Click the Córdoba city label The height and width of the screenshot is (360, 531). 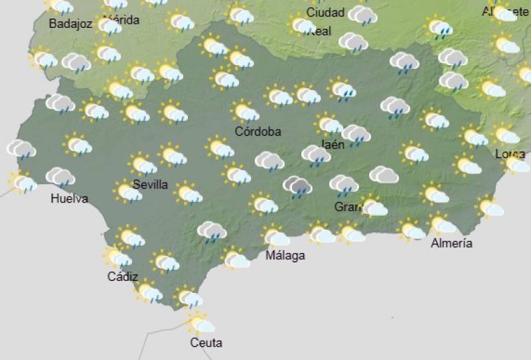258,132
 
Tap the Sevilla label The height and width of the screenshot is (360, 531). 150,185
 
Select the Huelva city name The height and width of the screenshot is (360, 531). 69,198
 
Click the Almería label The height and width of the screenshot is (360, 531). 451,243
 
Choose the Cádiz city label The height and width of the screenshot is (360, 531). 123,277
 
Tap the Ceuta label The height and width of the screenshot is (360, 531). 206,343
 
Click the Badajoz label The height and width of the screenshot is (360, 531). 70,24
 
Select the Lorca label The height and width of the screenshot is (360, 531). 510,154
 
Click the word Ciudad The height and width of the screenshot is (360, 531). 325,13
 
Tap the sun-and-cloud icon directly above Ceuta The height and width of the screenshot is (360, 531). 200,323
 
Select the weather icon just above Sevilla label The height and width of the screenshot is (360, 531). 143,164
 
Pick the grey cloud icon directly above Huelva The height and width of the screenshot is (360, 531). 60,177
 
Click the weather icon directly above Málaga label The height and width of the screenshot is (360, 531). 275,236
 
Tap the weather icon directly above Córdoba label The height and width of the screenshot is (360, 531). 245,111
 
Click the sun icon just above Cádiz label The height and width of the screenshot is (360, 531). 118,256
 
